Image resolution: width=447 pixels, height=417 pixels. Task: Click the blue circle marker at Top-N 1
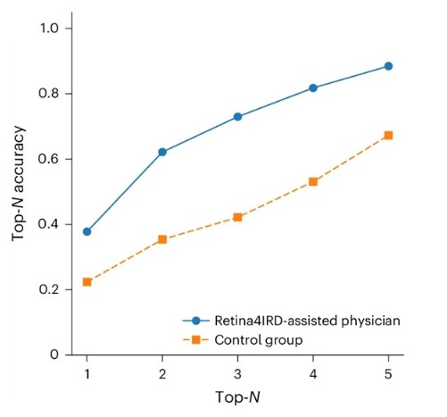(x=87, y=231)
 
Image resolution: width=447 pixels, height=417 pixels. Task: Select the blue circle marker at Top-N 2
(x=162, y=152)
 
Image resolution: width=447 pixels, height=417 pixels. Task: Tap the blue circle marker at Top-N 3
(x=237, y=117)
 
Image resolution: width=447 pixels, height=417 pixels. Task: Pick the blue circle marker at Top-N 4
(x=313, y=88)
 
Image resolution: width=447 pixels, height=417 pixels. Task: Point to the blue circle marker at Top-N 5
(x=388, y=66)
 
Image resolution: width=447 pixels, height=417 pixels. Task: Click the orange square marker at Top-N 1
(x=87, y=282)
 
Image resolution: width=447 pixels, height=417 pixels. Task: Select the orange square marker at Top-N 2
(x=162, y=239)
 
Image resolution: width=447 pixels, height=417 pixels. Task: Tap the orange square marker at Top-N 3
(x=237, y=217)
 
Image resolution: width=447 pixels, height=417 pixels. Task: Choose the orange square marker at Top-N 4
(x=313, y=181)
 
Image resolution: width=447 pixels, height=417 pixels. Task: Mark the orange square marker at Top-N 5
(x=388, y=136)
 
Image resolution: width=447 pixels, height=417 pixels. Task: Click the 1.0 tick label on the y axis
(x=49, y=29)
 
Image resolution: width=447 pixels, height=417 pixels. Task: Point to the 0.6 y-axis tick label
(x=48, y=159)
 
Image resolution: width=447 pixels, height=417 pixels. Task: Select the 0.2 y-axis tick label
(x=48, y=289)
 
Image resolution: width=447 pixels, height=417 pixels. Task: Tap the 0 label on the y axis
(x=54, y=354)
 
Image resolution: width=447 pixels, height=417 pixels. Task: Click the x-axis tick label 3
(x=237, y=374)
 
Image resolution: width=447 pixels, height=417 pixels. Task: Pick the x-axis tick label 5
(x=388, y=374)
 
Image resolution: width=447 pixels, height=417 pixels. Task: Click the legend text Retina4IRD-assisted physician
(x=307, y=321)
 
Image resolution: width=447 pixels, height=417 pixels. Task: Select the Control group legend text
(x=259, y=340)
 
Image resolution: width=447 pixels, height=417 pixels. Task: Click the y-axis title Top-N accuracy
(x=18, y=183)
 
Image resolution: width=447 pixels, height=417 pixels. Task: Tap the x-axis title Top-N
(x=237, y=397)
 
